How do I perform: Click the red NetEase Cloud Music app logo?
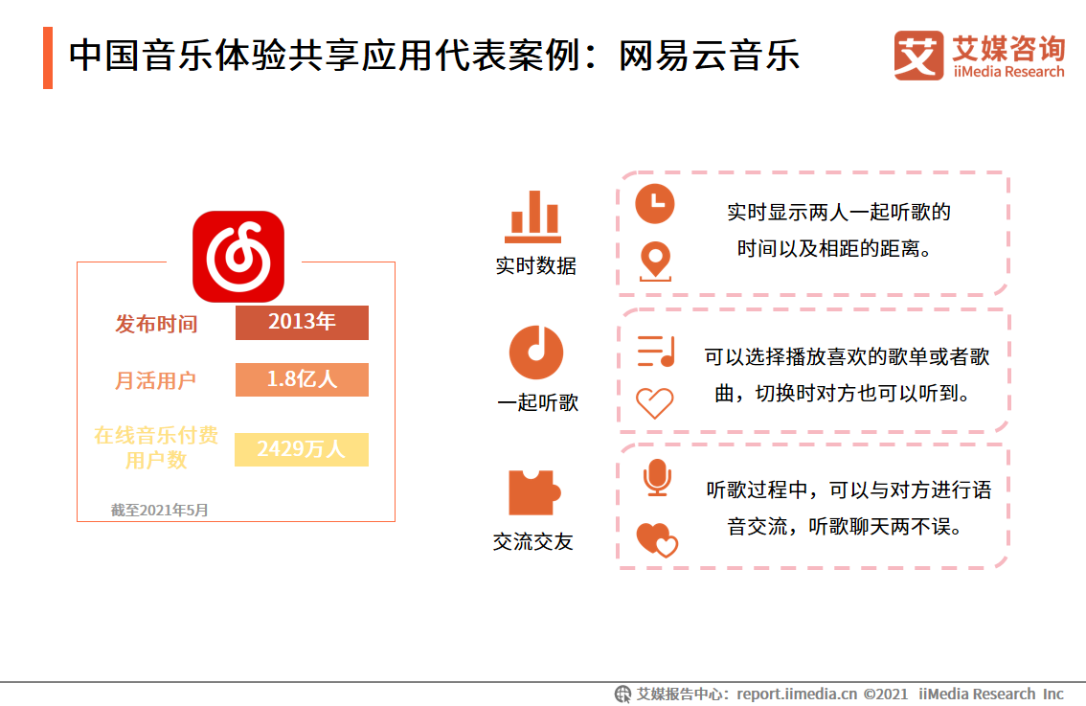tap(238, 256)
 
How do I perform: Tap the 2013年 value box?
tap(302, 323)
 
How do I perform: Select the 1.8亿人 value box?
tap(302, 379)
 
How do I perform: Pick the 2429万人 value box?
tap(301, 449)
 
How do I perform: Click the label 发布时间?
tap(156, 324)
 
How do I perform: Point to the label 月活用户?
tap(156, 380)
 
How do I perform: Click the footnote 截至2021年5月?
tap(159, 511)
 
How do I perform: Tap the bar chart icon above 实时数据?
tap(532, 217)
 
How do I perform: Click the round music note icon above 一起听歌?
tap(535, 352)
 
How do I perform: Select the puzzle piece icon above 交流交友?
tap(533, 492)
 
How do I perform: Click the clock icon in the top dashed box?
tap(655, 203)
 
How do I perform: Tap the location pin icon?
tap(655, 260)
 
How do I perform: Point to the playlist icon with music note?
tap(656, 352)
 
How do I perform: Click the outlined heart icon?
tap(655, 403)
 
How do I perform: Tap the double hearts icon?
tap(657, 539)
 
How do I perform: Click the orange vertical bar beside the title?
tap(48, 57)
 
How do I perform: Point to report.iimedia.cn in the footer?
tap(797, 694)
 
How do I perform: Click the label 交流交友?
tap(532, 542)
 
